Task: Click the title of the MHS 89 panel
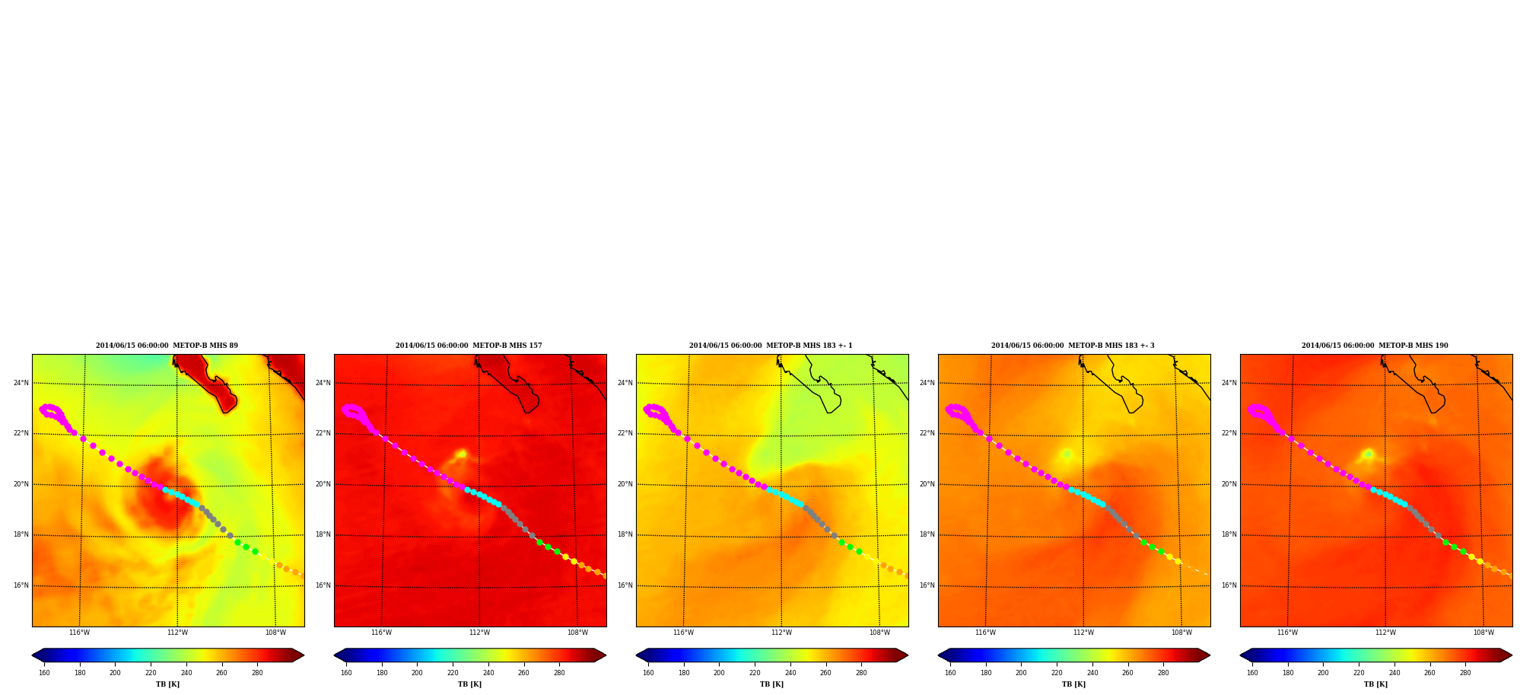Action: coord(167,346)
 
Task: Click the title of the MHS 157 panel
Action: coord(469,346)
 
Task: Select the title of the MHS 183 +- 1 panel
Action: coord(771,346)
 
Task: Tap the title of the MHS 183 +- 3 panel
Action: coord(1073,346)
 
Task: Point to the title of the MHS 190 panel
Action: coord(1375,346)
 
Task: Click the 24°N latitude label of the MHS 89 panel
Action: coord(21,383)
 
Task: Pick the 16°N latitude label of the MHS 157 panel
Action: coord(323,585)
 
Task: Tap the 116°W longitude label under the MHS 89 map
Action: coord(79,633)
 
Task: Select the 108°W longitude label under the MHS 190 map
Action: coord(1483,633)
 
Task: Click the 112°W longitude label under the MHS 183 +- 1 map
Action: coord(781,633)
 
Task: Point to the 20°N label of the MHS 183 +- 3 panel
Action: coord(927,484)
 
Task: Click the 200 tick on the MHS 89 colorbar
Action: coord(115,673)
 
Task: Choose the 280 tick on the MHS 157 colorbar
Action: coord(559,673)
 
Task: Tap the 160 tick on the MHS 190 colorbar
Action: coord(1252,673)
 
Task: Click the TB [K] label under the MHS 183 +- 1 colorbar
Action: coord(771,684)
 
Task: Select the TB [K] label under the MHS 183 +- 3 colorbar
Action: coord(1073,684)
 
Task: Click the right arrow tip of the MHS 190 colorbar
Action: coord(1512,655)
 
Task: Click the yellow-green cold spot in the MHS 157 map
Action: coord(461,454)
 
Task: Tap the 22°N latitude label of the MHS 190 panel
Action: coord(1229,434)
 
